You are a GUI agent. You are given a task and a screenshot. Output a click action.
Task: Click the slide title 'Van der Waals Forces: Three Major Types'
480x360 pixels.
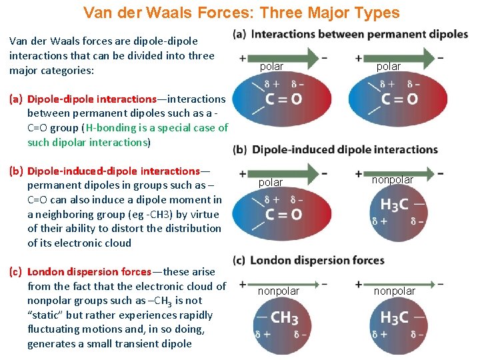pyautogui.click(x=241, y=13)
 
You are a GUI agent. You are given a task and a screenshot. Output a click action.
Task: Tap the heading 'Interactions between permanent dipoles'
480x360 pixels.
pyautogui.click(x=359, y=34)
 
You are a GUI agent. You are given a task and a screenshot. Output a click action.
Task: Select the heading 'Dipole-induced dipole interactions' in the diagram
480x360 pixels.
pyautogui.click(x=345, y=149)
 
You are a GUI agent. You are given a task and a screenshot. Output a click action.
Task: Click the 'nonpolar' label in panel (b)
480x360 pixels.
pyautogui.click(x=392, y=179)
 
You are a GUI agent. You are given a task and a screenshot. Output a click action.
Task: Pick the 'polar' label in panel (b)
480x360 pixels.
pyautogui.click(x=271, y=182)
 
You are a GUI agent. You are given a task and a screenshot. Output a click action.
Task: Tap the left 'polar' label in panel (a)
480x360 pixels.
pyautogui.click(x=271, y=66)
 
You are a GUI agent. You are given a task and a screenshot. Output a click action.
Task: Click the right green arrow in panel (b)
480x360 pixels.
pyautogui.click(x=399, y=173)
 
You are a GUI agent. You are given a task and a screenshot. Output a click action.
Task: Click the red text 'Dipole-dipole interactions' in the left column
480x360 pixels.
pyautogui.click(x=91, y=99)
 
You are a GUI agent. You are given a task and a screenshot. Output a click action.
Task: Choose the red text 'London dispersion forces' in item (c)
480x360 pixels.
pyautogui.click(x=89, y=271)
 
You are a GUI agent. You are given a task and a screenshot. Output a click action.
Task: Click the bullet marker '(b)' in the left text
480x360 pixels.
pyautogui.click(x=17, y=171)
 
